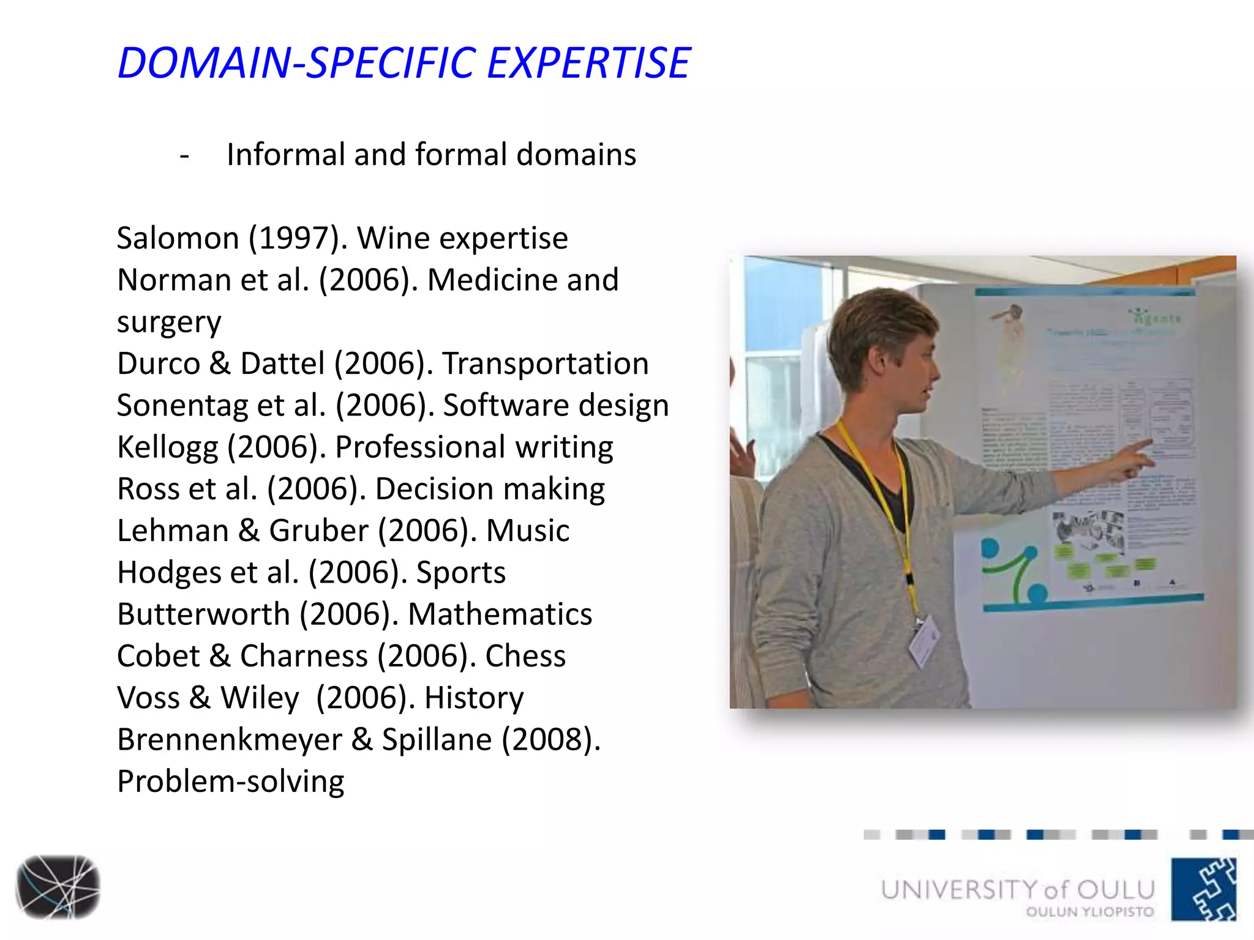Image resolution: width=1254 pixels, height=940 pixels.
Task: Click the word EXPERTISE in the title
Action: (588, 63)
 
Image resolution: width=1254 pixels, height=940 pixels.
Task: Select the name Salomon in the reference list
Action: (178, 238)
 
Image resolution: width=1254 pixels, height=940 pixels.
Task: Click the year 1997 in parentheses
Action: (294, 238)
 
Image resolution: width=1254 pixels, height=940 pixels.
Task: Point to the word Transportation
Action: (545, 364)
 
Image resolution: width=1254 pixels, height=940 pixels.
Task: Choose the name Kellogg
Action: (167, 447)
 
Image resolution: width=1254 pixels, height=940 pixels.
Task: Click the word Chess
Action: (525, 656)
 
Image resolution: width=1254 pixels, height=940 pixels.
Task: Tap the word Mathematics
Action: (500, 614)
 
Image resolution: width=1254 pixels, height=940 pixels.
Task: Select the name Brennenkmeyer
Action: (229, 740)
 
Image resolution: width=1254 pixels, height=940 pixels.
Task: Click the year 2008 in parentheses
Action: (550, 740)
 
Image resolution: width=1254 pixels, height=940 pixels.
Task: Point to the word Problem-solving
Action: (230, 782)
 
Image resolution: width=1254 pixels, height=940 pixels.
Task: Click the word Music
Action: (527, 531)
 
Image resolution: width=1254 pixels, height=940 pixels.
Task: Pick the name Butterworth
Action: (203, 614)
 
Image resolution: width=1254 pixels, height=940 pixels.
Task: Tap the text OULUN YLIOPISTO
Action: (1089, 912)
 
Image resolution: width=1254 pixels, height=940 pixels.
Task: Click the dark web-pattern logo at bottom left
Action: (58, 887)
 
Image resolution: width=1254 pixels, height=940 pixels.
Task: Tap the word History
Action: (474, 698)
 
